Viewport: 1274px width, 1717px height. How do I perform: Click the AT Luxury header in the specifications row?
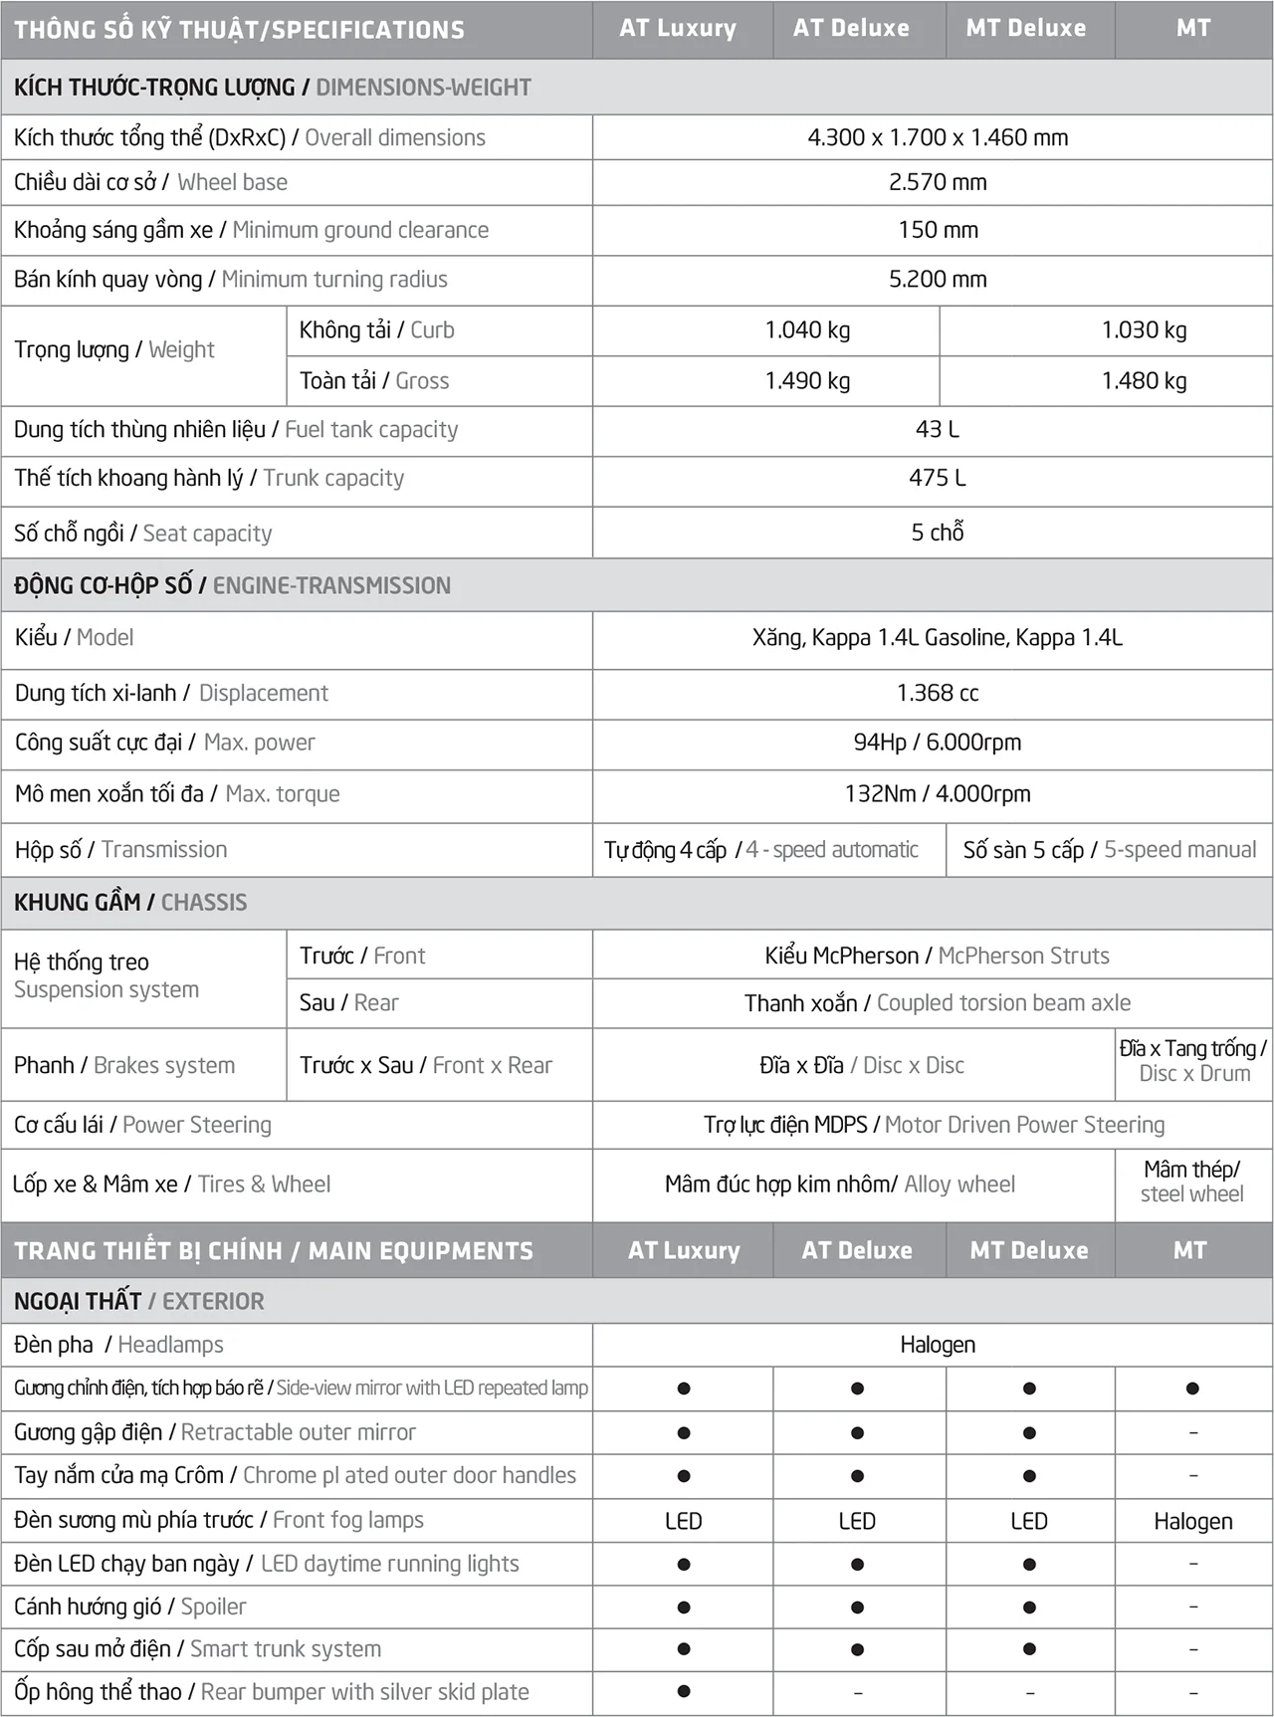pyautogui.click(x=678, y=28)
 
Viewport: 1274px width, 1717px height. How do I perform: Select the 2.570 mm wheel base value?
pyautogui.click(x=938, y=182)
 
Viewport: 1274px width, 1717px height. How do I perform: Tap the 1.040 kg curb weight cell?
pyautogui.click(x=807, y=329)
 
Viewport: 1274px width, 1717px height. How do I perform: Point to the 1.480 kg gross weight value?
pyautogui.click(x=1144, y=380)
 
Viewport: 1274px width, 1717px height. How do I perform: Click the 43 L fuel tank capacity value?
pyautogui.click(x=938, y=429)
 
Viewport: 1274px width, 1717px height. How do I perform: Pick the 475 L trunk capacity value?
pyautogui.click(x=938, y=478)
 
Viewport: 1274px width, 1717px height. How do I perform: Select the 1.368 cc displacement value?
pyautogui.click(x=938, y=693)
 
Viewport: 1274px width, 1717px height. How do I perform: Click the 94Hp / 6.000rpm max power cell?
pyautogui.click(x=938, y=743)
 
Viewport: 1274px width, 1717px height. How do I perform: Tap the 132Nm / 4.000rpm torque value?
pyautogui.click(x=938, y=793)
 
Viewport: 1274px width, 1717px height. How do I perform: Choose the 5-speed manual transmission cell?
pyautogui.click(x=1109, y=850)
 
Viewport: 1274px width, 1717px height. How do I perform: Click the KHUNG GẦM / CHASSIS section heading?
pyautogui.click(x=130, y=903)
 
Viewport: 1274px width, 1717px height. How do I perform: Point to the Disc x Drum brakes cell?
pyautogui.click(x=1193, y=1061)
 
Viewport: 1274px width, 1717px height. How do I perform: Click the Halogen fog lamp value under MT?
pyautogui.click(x=1192, y=1521)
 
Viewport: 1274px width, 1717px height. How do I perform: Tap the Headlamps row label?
pyautogui.click(x=118, y=1345)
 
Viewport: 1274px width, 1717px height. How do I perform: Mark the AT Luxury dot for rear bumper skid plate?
pyautogui.click(x=684, y=1691)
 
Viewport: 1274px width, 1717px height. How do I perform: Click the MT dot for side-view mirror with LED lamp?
pyautogui.click(x=1192, y=1389)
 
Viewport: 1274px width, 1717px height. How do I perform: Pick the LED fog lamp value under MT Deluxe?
pyautogui.click(x=1029, y=1521)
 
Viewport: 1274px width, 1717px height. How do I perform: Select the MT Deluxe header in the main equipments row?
pyautogui.click(x=1029, y=1250)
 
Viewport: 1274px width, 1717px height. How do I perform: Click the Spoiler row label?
pyautogui.click(x=129, y=1607)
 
